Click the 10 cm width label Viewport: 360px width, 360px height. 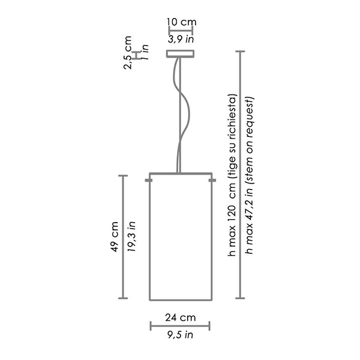point(181,22)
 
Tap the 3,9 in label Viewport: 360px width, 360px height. point(181,40)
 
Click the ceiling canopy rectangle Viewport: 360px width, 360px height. point(181,54)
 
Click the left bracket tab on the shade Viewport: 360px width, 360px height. point(148,179)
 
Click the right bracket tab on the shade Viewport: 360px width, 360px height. point(212,179)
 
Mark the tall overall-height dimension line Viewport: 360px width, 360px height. point(241,174)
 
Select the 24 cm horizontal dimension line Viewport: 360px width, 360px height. point(179,326)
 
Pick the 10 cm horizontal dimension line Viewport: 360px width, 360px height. point(181,30)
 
